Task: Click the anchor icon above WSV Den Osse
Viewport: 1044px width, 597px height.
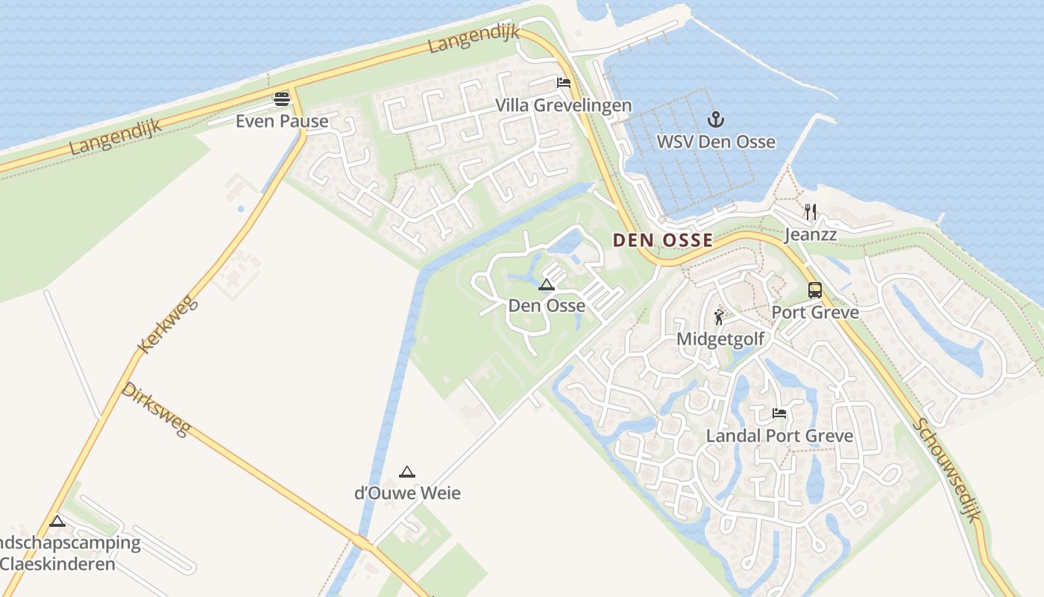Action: click(716, 119)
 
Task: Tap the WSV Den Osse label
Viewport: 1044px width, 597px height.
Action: click(716, 142)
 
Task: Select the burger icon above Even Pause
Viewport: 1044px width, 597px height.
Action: click(282, 99)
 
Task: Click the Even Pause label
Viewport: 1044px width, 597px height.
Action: click(282, 121)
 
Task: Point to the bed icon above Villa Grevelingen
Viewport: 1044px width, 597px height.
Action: click(564, 83)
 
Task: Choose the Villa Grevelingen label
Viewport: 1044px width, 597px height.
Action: click(564, 105)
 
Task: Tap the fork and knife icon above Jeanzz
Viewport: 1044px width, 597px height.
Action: click(811, 212)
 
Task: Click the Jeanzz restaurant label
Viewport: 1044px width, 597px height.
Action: click(811, 235)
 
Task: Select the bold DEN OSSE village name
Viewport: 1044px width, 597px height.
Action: click(663, 240)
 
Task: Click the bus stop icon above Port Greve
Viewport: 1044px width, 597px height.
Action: click(815, 290)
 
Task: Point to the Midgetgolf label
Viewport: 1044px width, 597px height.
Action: click(720, 339)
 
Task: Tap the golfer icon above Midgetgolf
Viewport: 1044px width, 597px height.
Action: click(719, 317)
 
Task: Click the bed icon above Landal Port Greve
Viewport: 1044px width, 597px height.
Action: click(779, 413)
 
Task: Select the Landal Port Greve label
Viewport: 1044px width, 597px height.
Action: click(780, 435)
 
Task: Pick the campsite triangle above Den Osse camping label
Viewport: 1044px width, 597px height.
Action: click(547, 284)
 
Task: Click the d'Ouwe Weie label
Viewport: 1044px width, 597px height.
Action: click(407, 493)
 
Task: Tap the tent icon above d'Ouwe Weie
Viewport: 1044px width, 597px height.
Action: click(406, 472)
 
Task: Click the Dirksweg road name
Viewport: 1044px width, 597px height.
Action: click(157, 409)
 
